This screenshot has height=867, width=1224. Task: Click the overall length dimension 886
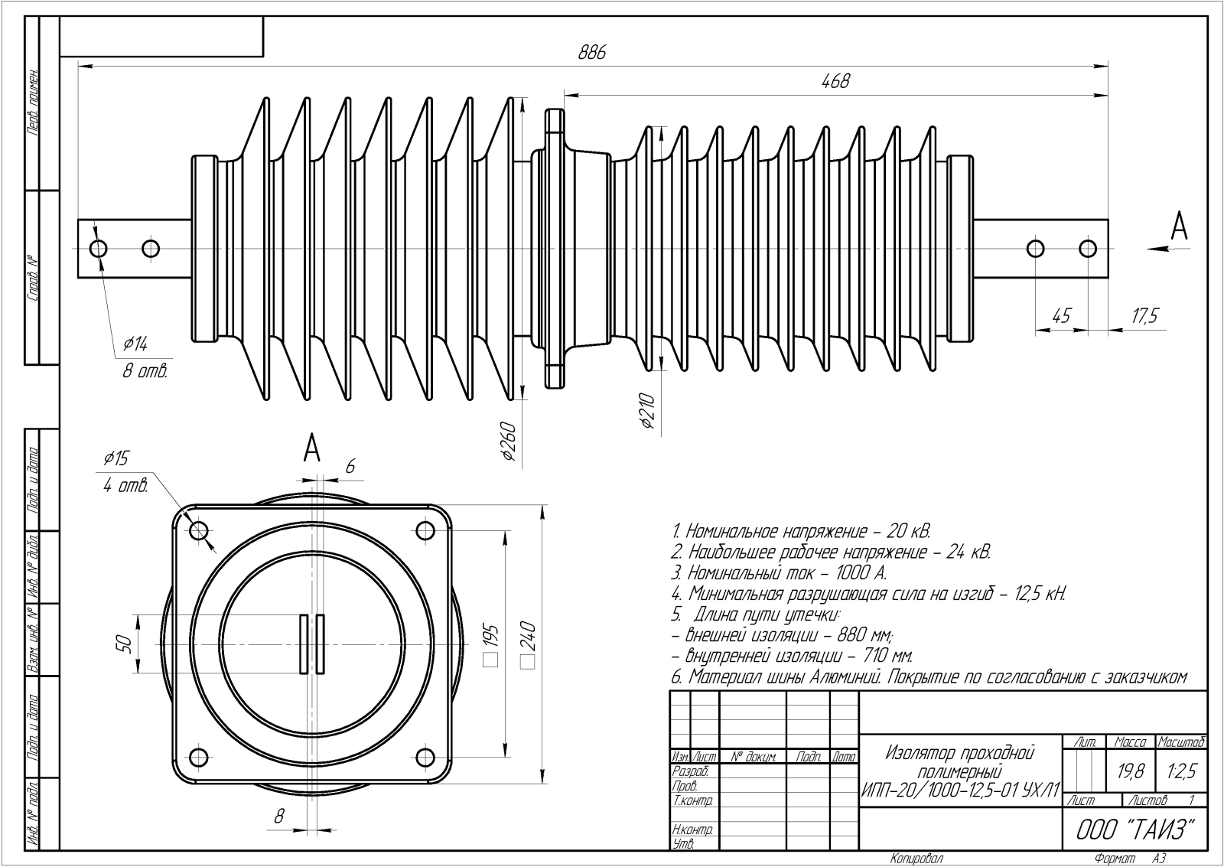(x=592, y=53)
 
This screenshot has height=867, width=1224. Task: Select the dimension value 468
(x=835, y=81)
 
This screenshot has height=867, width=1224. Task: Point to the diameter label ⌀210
(x=646, y=414)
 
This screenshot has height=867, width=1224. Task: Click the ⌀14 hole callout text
(x=135, y=344)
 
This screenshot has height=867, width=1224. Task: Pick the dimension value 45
(x=1061, y=316)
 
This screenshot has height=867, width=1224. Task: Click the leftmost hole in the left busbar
(x=99, y=249)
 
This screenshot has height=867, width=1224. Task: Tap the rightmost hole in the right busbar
(x=1087, y=249)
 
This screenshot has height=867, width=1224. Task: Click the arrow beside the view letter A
(x=1157, y=248)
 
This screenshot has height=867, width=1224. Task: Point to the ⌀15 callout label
(x=116, y=458)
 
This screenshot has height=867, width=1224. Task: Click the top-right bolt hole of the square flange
(x=425, y=530)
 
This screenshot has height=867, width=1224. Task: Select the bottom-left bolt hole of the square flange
(x=198, y=758)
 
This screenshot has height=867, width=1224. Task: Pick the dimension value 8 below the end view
(x=278, y=816)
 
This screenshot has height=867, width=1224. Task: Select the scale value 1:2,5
(x=1181, y=773)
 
